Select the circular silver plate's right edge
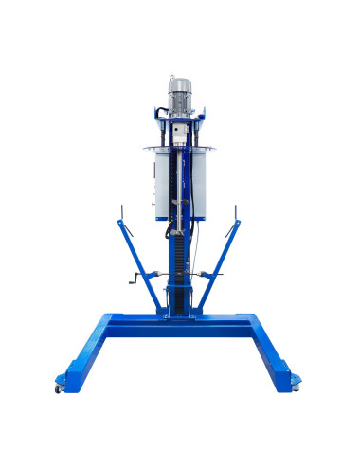(x=220, y=149)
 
